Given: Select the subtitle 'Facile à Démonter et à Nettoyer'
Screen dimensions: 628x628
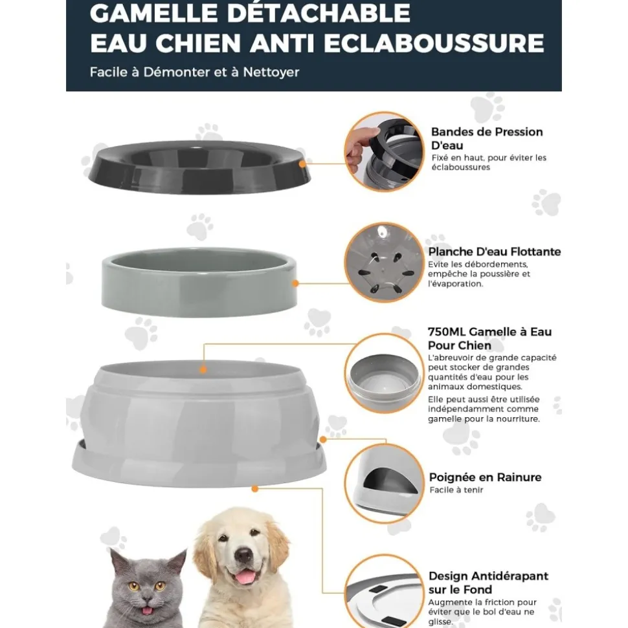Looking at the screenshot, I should click(194, 72).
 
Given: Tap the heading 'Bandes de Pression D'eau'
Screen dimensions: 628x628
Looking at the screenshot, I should click(486, 138).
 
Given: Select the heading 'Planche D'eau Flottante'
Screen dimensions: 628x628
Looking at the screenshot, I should click(494, 252).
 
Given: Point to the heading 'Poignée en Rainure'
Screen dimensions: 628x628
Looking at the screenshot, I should click(485, 477).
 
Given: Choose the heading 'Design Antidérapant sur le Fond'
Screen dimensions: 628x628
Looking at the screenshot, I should click(488, 582).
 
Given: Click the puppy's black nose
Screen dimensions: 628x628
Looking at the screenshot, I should click(243, 555).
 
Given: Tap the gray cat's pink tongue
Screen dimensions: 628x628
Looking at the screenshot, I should click(148, 610).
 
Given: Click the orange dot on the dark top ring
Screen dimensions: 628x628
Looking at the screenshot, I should click(302, 164).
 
